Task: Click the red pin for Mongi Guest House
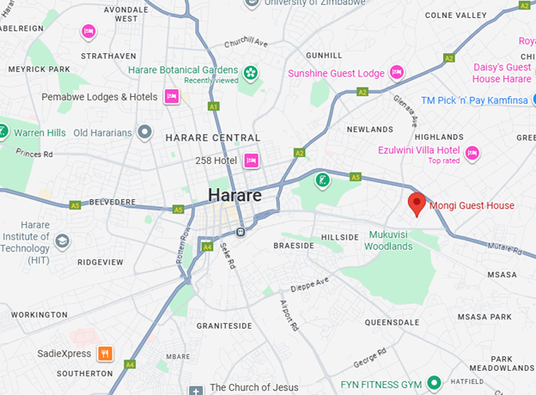tap(417, 204)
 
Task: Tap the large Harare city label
tap(234, 195)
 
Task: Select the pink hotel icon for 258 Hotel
tap(252, 160)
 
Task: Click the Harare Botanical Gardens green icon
tap(250, 74)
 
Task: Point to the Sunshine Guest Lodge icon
tap(397, 72)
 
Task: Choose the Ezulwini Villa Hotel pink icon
tap(472, 153)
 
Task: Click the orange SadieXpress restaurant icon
tap(105, 353)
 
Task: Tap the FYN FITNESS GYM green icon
tap(435, 382)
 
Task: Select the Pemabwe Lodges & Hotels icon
tap(171, 96)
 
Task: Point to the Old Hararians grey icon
tap(146, 132)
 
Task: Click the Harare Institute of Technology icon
tap(62, 241)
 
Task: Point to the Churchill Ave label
tap(247, 43)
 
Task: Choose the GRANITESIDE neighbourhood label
tap(224, 326)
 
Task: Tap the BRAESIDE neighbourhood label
tap(294, 246)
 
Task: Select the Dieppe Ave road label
tap(309, 284)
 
